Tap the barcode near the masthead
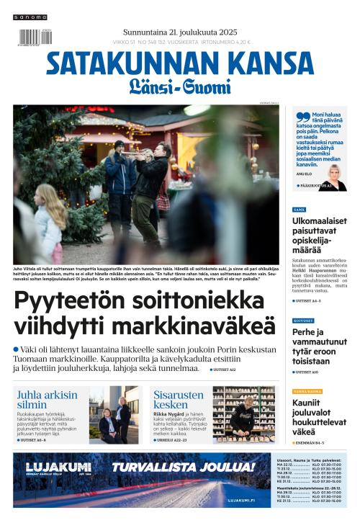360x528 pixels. pos(30,37)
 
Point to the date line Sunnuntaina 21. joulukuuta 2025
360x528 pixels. pos(180,32)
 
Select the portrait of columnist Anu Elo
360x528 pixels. pos(334,177)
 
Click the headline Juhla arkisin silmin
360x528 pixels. pos(47,400)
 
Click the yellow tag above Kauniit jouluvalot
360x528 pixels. pos(307,391)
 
